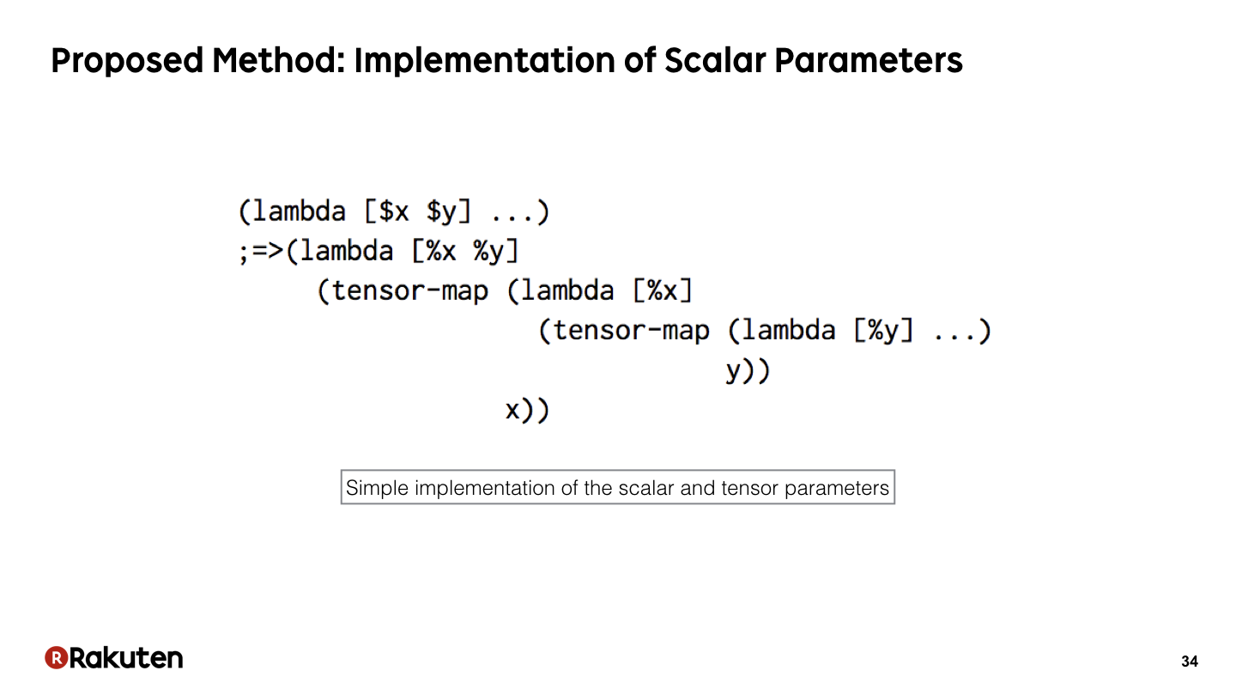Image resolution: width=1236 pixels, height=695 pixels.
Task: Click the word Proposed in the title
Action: click(127, 61)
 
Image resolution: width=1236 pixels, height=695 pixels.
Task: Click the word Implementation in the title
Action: click(484, 61)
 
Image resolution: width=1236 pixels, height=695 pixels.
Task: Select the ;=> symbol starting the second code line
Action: click(261, 252)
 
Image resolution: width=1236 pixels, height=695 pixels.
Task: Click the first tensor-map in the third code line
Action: click(410, 291)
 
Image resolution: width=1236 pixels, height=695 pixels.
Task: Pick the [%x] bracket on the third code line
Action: click(662, 290)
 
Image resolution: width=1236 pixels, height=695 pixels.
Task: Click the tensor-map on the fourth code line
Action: click(631, 331)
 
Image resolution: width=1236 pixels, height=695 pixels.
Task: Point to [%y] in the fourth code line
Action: click(883, 331)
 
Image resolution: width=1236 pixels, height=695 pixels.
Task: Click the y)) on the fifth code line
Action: click(748, 371)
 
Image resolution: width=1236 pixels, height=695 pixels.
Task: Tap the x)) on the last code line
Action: click(528, 411)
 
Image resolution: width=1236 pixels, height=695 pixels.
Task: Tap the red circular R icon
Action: click(57, 657)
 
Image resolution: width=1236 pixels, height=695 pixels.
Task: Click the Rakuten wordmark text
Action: click(126, 657)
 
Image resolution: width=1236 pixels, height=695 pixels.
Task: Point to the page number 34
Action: click(1189, 661)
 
